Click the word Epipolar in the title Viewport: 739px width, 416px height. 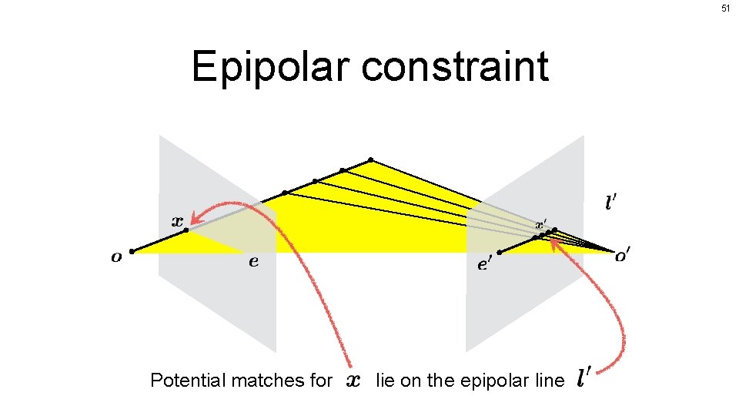click(x=271, y=67)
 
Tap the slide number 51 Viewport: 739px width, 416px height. click(x=725, y=8)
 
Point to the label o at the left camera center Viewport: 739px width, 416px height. click(x=116, y=257)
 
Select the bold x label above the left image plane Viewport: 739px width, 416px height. click(x=177, y=220)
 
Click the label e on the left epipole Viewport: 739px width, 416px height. click(x=253, y=262)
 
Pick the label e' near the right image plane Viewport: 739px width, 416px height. click(x=485, y=264)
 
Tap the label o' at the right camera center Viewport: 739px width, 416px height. click(x=621, y=256)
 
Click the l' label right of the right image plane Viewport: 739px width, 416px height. click(x=610, y=203)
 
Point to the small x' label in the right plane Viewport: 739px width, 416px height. click(x=541, y=224)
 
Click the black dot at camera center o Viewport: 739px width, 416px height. click(x=132, y=251)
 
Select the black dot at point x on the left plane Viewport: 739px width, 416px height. click(x=186, y=230)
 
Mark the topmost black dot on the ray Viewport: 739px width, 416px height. click(x=370, y=160)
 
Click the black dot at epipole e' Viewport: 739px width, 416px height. click(x=500, y=252)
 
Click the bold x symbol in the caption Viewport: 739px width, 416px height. click(x=353, y=380)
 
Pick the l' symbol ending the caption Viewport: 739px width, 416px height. click(x=584, y=377)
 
